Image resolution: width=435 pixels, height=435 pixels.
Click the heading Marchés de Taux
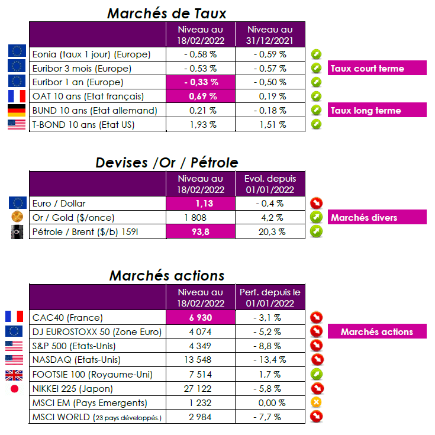[166, 12]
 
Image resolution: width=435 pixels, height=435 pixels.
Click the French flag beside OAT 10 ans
[17, 96]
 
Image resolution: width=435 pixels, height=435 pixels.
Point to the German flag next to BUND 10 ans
[17, 110]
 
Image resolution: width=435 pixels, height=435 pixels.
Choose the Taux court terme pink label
[367, 68]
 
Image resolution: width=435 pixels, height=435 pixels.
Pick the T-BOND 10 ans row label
[84, 124]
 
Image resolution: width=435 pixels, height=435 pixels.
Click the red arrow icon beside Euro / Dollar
[317, 203]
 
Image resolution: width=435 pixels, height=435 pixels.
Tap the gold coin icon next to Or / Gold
[17, 217]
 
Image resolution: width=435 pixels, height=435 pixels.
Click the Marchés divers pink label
[364, 218]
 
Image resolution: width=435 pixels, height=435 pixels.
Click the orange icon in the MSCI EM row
[317, 402]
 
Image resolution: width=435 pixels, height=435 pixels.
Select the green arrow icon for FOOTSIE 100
[317, 374]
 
